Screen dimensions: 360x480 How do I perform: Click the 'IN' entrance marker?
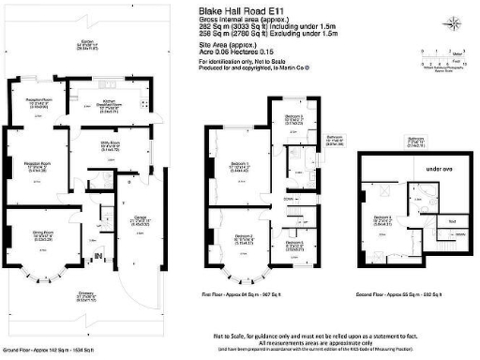point(96,255)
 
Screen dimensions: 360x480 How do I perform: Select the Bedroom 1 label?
point(236,167)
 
